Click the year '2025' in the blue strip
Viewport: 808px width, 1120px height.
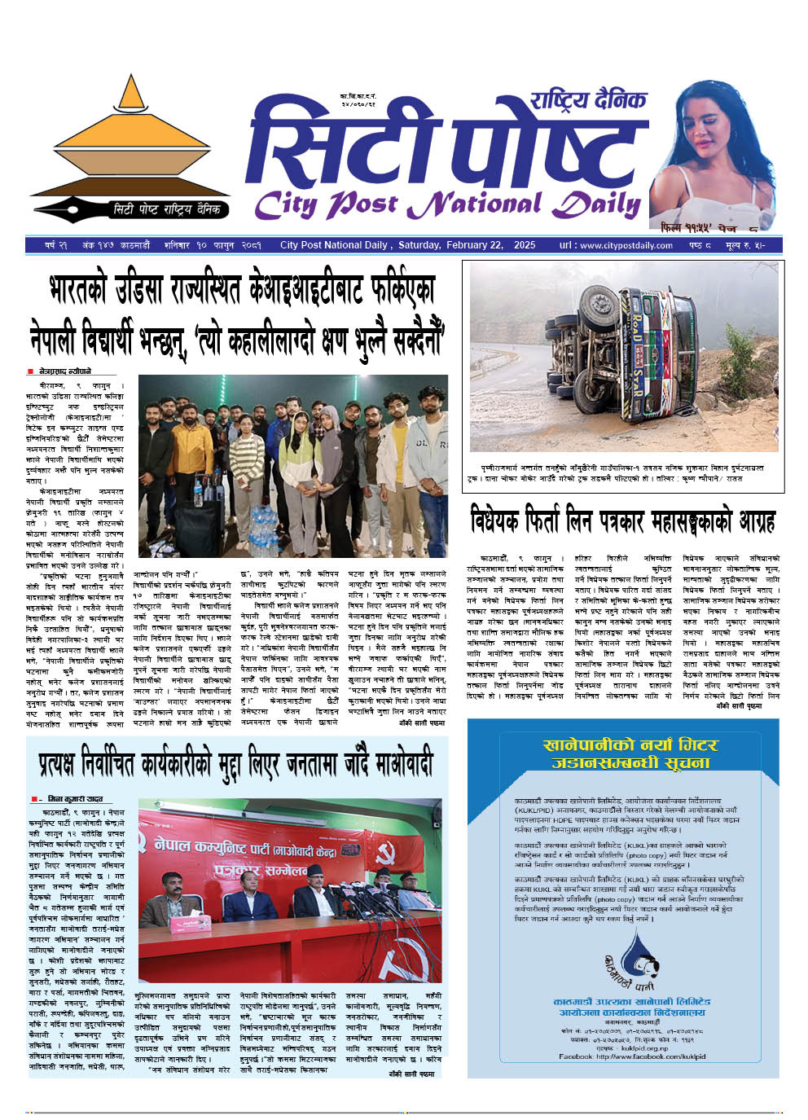pos(525,245)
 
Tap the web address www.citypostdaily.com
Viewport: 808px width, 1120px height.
pos(626,245)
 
